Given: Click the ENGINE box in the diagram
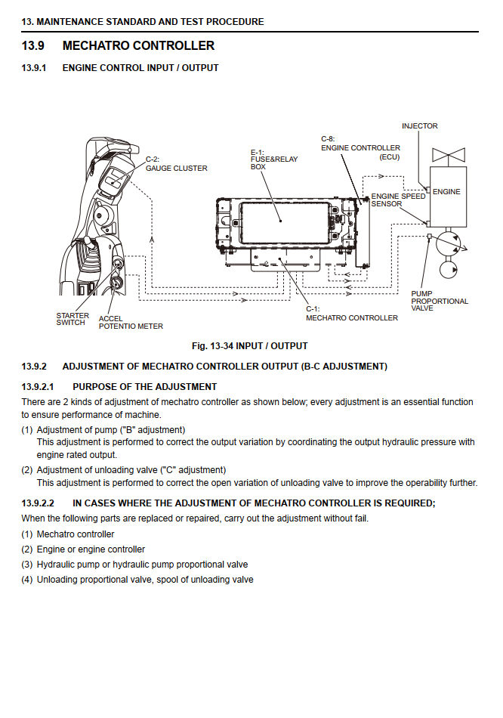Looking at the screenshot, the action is point(448,197).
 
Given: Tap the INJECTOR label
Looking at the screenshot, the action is point(420,126).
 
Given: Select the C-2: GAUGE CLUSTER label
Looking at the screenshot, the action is point(176,164).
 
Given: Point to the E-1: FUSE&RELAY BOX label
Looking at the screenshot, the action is point(273,159).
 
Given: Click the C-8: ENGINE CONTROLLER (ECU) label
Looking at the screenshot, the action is point(361,148).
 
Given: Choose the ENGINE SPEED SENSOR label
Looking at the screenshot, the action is point(398,200).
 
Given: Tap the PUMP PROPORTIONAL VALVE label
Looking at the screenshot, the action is point(440,301).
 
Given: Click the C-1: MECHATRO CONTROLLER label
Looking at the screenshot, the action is point(351,314).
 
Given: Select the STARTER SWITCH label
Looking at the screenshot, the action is point(73,319).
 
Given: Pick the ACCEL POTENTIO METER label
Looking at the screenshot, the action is point(131,323).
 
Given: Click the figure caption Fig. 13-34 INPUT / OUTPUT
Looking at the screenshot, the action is point(250,346).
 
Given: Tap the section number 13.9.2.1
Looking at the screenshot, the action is point(38,387).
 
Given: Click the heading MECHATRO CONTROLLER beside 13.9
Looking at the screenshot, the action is point(138,46).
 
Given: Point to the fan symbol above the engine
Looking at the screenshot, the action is point(449,155).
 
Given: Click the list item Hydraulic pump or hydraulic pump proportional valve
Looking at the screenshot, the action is point(142,565).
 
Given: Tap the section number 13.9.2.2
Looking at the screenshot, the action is point(38,503).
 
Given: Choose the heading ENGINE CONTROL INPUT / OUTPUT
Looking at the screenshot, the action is point(140,68).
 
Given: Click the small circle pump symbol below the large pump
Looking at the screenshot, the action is point(448,269).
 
